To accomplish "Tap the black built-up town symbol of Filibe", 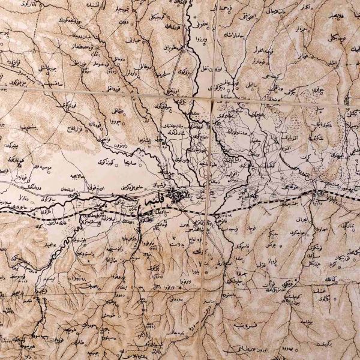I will coord(182,196).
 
